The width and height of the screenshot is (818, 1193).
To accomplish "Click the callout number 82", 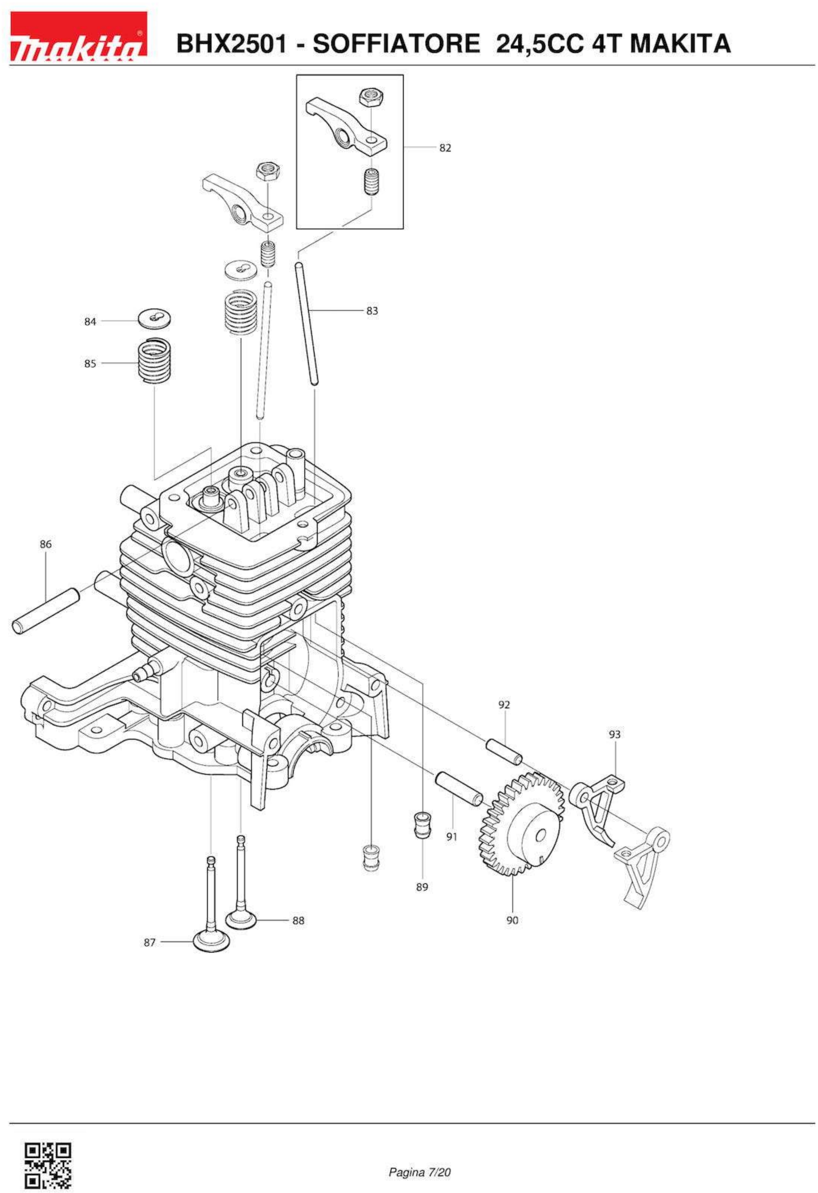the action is (x=445, y=148).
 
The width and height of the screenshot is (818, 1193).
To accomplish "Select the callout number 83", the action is (x=372, y=311).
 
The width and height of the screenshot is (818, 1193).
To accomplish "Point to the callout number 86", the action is (x=46, y=543).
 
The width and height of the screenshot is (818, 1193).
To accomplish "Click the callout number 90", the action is (x=512, y=920).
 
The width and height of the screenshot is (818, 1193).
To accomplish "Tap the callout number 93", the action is (x=615, y=735).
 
